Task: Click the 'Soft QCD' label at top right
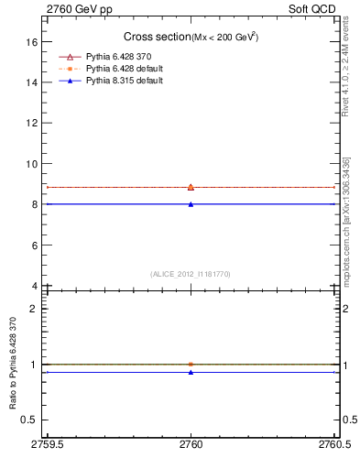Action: [x=315, y=8]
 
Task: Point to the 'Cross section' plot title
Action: [x=156, y=37]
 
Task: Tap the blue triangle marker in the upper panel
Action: [x=191, y=204]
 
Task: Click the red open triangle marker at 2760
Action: [x=191, y=187]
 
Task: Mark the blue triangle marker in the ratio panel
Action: [x=191, y=372]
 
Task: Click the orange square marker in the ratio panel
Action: [x=191, y=364]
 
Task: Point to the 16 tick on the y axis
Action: [x=31, y=42]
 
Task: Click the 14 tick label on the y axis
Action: [x=31, y=82]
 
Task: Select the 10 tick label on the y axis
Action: [x=31, y=164]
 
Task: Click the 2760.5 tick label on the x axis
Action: [x=333, y=446]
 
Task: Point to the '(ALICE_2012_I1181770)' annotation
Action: [x=191, y=273]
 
